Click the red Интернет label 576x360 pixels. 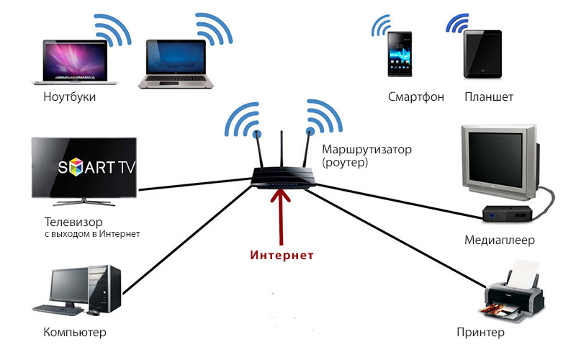click(x=282, y=255)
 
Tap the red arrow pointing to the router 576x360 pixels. click(x=281, y=217)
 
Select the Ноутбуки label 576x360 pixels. click(x=69, y=96)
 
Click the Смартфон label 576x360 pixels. click(x=416, y=96)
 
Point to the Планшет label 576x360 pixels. click(x=489, y=96)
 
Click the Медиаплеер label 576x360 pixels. click(x=499, y=240)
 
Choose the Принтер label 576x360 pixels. click(x=480, y=332)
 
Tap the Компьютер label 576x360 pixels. click(x=75, y=332)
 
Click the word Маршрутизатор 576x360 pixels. click(x=366, y=150)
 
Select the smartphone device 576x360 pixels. click(x=400, y=54)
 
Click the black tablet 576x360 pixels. click(x=482, y=54)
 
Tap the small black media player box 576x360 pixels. click(x=508, y=213)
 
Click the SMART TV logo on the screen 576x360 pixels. click(x=96, y=167)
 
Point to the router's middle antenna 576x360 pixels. click(x=282, y=149)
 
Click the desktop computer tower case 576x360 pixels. click(x=104, y=289)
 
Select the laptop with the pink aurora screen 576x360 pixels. click(x=75, y=62)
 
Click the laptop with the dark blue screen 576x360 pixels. click(x=176, y=64)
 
